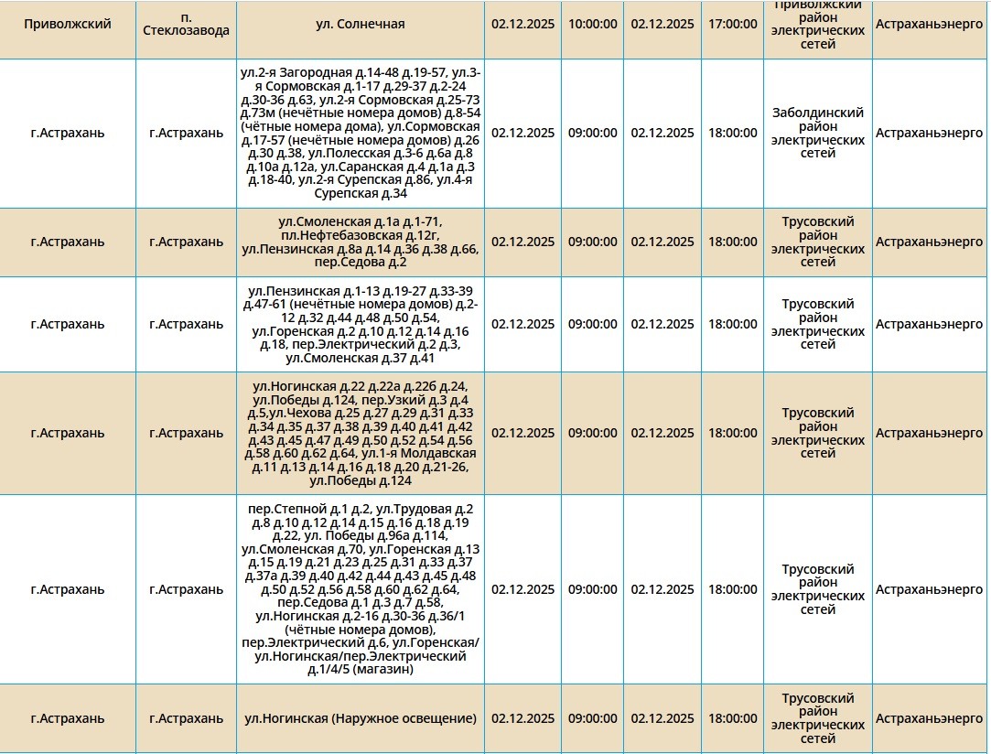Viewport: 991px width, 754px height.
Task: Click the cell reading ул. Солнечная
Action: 360,24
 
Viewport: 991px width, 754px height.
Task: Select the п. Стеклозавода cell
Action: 186,24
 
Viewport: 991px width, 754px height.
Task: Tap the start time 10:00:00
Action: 593,24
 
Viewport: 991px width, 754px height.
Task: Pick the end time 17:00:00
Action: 733,24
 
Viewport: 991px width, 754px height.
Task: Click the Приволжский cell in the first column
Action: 68,24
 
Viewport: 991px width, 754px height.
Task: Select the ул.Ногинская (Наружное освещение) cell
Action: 360,718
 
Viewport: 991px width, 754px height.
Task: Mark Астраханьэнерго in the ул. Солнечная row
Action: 930,24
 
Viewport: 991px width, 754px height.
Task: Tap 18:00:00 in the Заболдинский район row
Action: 733,133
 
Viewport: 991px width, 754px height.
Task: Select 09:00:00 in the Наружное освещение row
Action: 593,718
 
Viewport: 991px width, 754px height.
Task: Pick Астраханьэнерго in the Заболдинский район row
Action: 930,133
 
